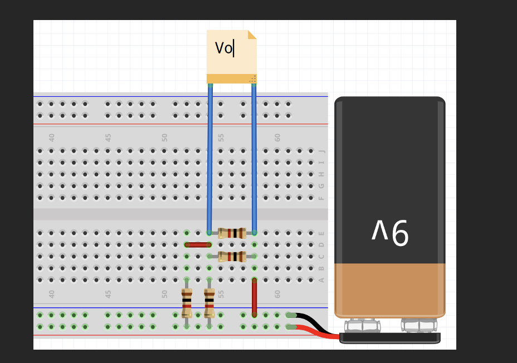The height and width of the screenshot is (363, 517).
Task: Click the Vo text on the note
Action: pyautogui.click(x=223, y=48)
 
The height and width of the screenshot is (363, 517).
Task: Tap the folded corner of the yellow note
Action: pyautogui.click(x=252, y=35)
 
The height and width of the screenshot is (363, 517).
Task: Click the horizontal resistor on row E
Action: pyautogui.click(x=232, y=233)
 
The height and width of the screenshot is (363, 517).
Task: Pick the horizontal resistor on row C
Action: pyautogui.click(x=232, y=256)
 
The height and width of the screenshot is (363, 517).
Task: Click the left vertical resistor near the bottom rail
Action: pyautogui.click(x=187, y=302)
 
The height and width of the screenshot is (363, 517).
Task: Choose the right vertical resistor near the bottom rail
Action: pyautogui.click(x=209, y=302)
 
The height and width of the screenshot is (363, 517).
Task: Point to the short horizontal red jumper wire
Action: pyautogui.click(x=198, y=244)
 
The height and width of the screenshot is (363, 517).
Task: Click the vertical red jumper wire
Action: pyautogui.click(x=254, y=297)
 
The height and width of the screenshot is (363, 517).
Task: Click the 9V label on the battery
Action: pyautogui.click(x=390, y=233)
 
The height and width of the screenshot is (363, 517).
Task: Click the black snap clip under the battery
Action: pyautogui.click(x=390, y=337)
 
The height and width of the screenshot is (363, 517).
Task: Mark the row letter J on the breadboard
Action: pyautogui.click(x=321, y=151)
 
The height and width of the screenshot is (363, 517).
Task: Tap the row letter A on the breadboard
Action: pyautogui.click(x=321, y=279)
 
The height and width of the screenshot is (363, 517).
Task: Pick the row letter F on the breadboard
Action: pyautogui.click(x=321, y=198)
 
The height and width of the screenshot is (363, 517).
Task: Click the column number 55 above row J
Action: pyautogui.click(x=221, y=137)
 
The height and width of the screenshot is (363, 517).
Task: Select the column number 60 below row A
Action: pyautogui.click(x=277, y=293)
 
